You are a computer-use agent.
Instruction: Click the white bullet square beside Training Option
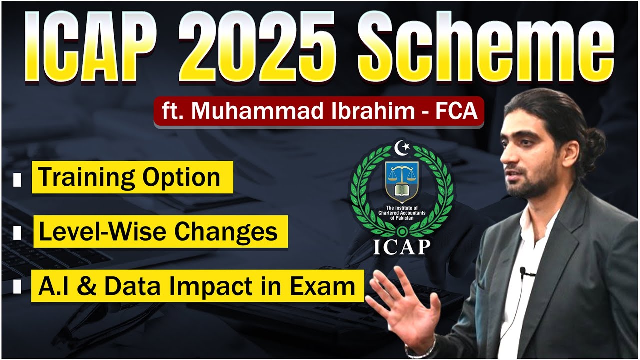[17, 179]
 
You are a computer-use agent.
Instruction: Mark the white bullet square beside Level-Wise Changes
[17, 233]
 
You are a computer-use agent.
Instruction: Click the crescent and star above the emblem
[401, 148]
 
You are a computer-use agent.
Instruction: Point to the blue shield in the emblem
[401, 182]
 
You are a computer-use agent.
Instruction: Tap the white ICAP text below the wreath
[401, 246]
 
